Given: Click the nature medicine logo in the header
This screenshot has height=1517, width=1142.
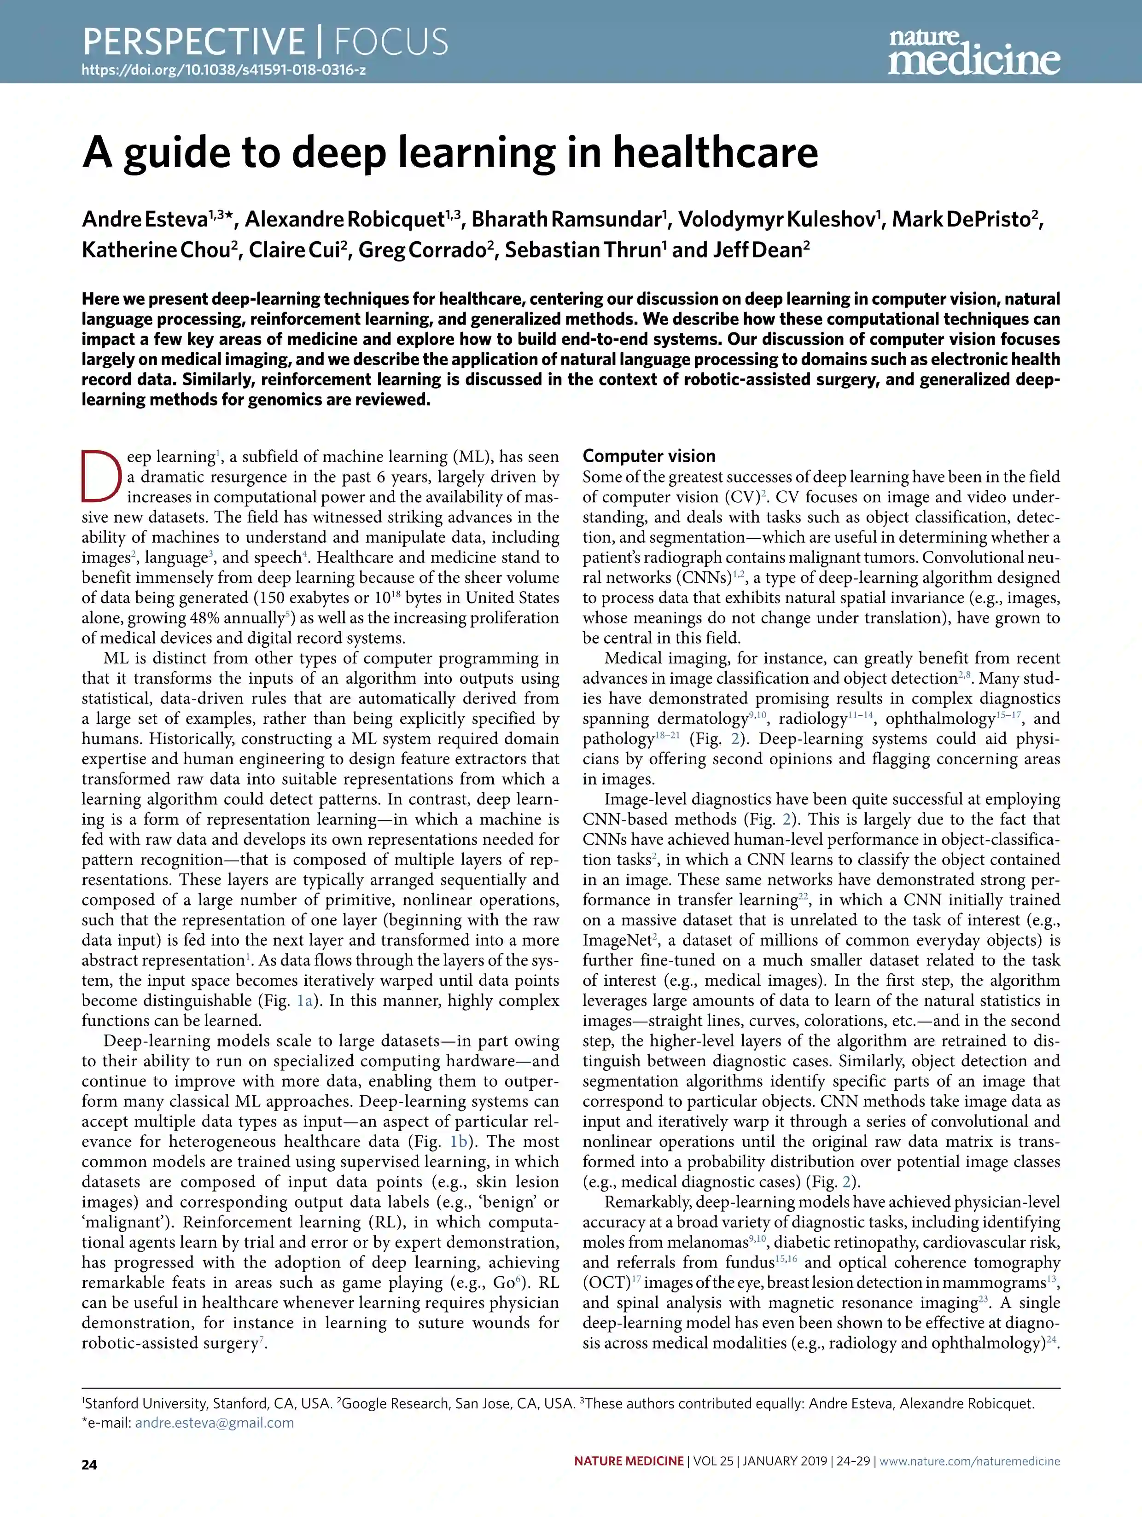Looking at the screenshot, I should pos(973,52).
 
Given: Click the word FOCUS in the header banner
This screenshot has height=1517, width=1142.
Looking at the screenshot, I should pos(391,42).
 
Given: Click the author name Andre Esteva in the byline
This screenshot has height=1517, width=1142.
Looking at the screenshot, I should pos(145,220).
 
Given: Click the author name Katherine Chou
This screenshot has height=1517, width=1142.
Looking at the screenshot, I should pos(155,250).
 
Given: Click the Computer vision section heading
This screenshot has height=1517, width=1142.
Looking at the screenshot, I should pos(649,456).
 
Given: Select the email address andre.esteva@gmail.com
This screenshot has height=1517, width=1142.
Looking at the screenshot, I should pos(214,1423).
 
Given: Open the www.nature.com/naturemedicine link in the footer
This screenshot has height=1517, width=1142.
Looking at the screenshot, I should pos(969,1461).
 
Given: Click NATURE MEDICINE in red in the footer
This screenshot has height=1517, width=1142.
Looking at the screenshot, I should pos(629,1461).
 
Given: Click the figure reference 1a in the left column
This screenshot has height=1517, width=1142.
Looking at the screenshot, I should pos(304,1000).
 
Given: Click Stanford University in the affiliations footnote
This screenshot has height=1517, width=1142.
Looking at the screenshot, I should pos(146,1403).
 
